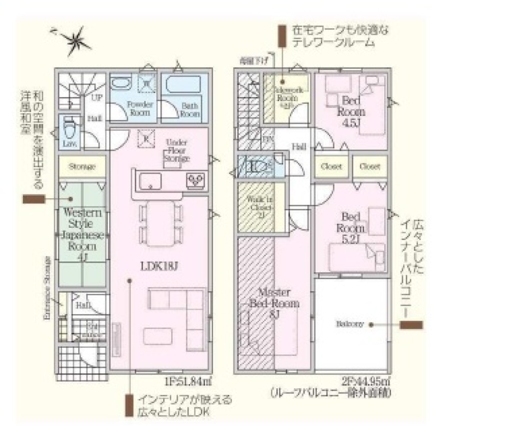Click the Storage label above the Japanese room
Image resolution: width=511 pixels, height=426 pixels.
tap(82, 167)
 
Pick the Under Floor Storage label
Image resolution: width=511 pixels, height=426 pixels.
tap(176, 151)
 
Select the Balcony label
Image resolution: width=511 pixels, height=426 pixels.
tap(350, 324)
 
